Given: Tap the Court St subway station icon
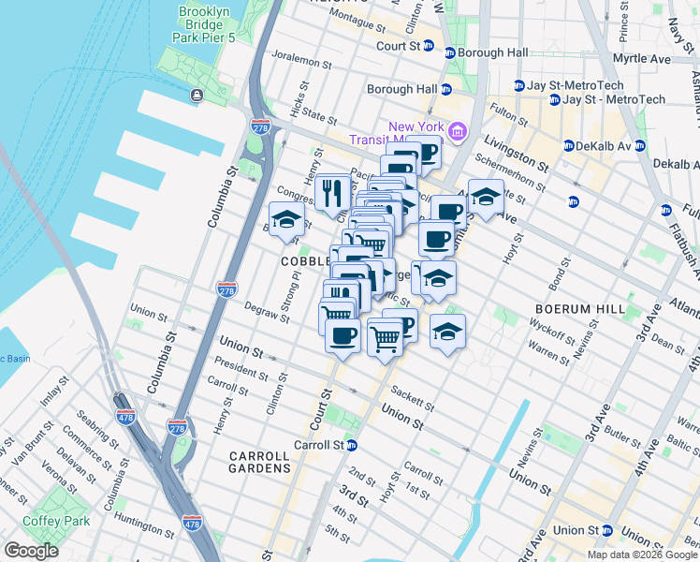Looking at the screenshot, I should pos(429,45).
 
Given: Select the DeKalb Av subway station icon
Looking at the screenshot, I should pos(570,145).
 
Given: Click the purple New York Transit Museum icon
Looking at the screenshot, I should pos(457,132).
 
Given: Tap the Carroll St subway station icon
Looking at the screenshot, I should pos(352,445).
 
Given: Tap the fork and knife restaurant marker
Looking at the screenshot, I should pos(332,193).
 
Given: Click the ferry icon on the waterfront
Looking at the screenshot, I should pos(197,96).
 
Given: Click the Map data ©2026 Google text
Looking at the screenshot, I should pos(641,555).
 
